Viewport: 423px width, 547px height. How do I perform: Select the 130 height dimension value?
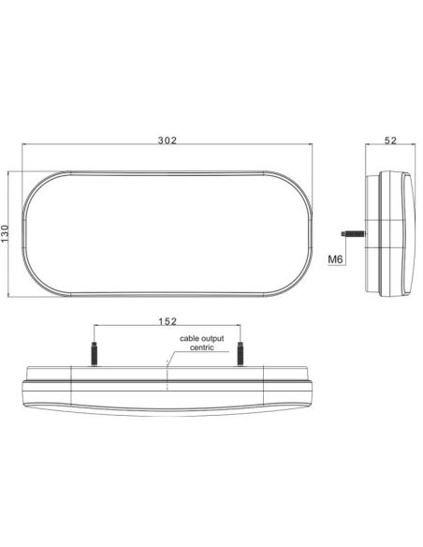point(7,234)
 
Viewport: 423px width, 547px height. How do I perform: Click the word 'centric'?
point(202,347)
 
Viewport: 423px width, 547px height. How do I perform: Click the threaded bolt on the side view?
point(354,234)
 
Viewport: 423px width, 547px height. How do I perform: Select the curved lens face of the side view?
point(409,234)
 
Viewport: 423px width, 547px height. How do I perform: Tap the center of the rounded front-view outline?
point(168,234)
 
